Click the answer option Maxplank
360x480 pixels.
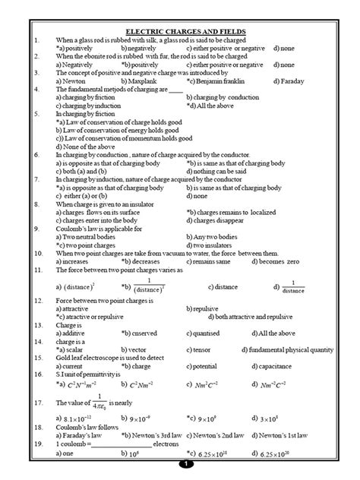click(x=141, y=80)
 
